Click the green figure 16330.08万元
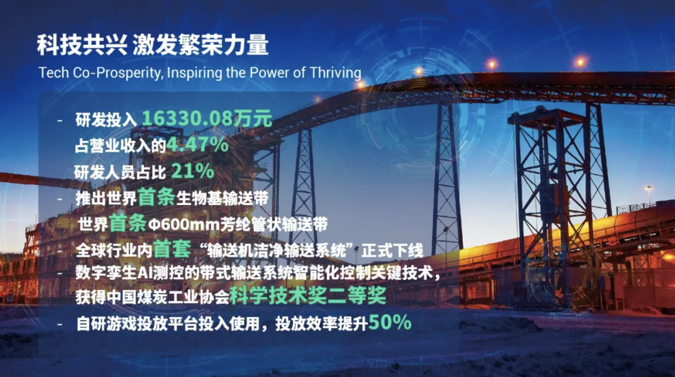tap(207, 119)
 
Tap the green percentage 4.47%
tap(198, 145)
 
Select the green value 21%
tap(193, 171)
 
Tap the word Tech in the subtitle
tap(52, 73)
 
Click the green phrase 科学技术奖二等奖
tap(308, 297)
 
